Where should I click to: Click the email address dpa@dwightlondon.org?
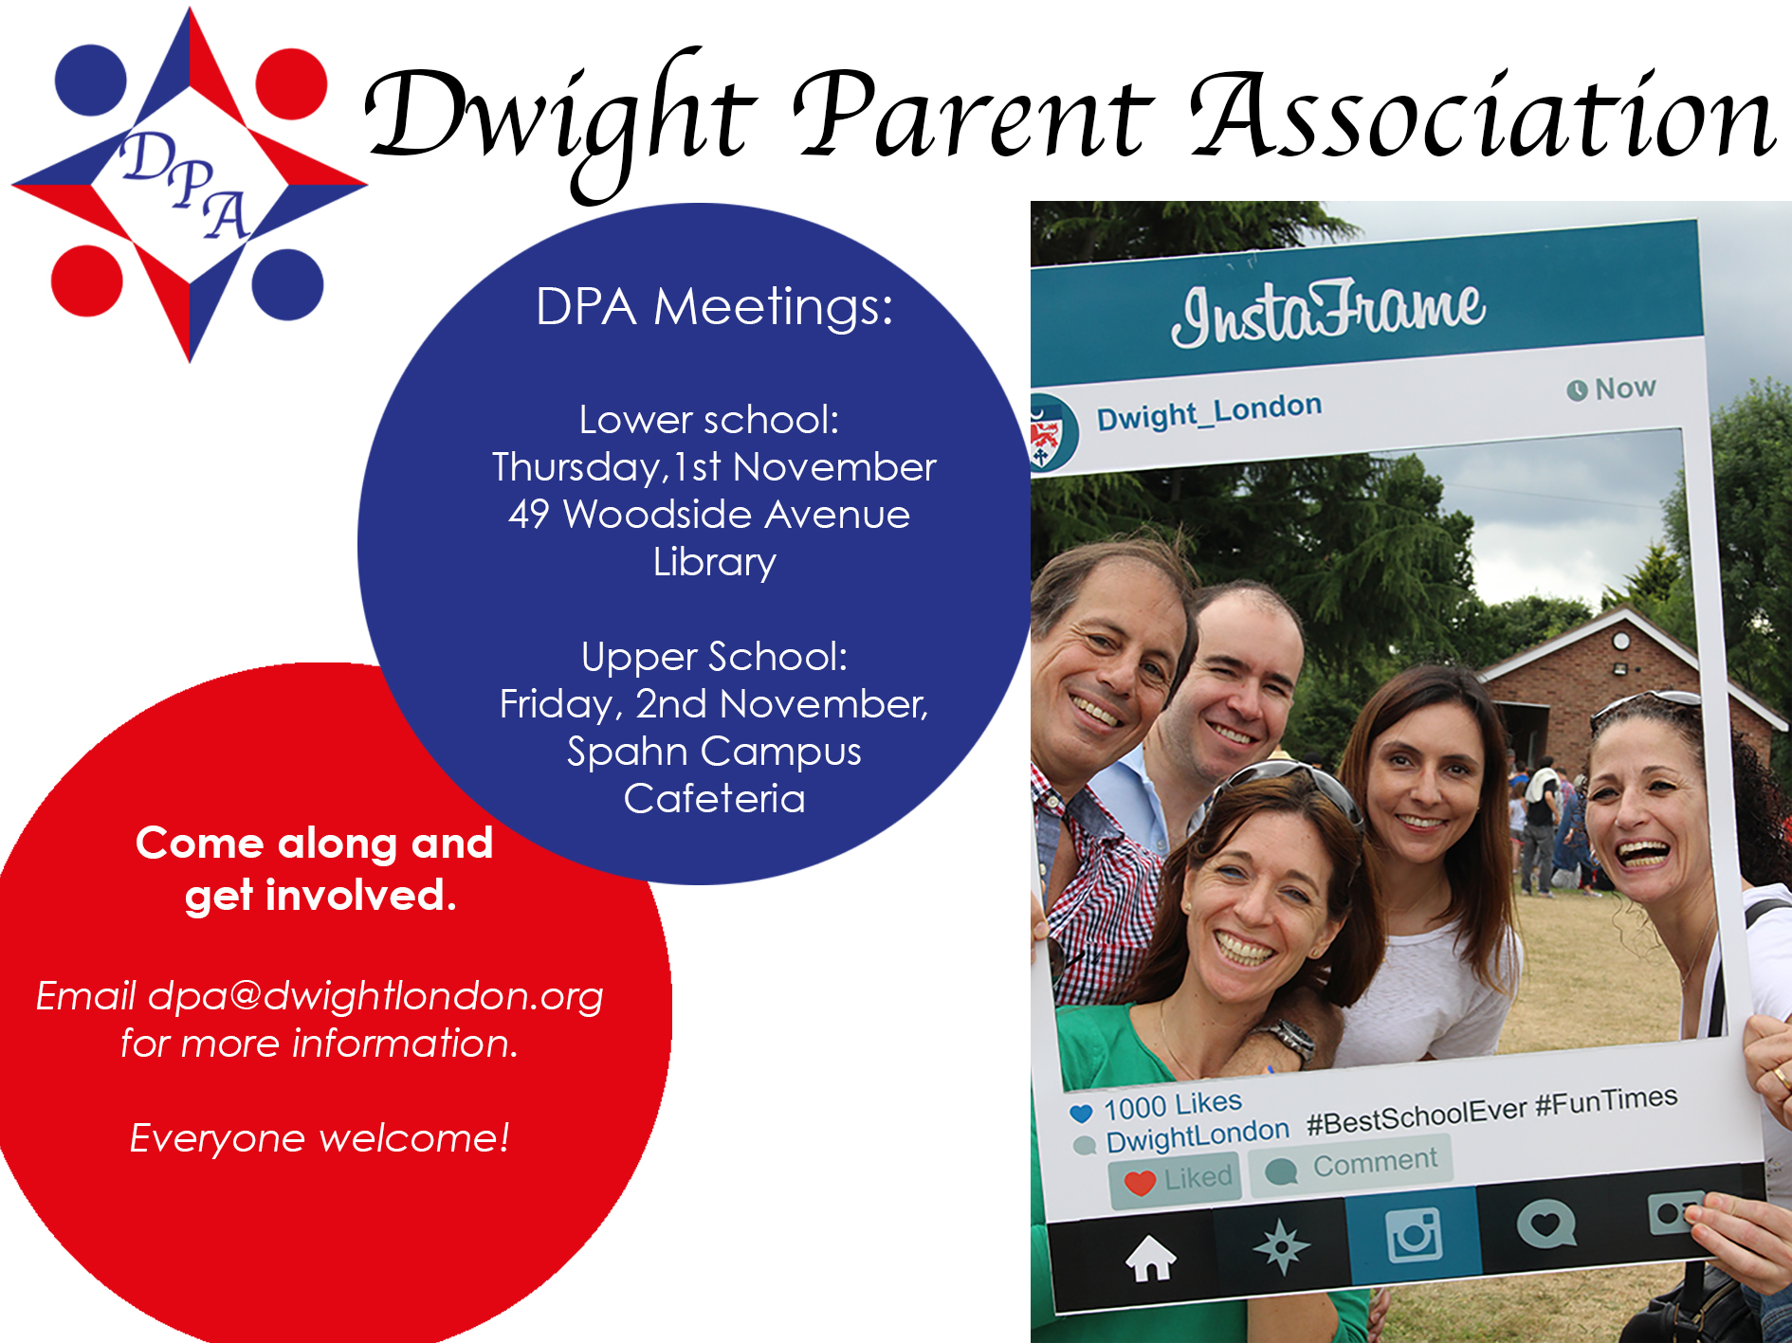pos(375,996)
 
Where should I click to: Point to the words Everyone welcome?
pos(320,1137)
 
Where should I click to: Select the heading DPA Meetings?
pos(714,307)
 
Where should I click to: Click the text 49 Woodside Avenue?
pos(709,515)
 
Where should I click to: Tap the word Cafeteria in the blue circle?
pos(714,798)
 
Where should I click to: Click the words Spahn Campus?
pos(714,752)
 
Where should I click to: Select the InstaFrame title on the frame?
pos(1327,313)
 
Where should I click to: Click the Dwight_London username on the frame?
pos(1209,411)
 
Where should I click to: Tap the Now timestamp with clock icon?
pos(1611,389)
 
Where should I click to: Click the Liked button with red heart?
pos(1176,1179)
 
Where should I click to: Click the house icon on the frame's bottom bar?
pos(1150,1258)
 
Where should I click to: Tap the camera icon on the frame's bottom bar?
pos(1414,1234)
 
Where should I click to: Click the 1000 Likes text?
pos(1173,1105)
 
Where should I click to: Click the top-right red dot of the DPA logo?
pos(291,84)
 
